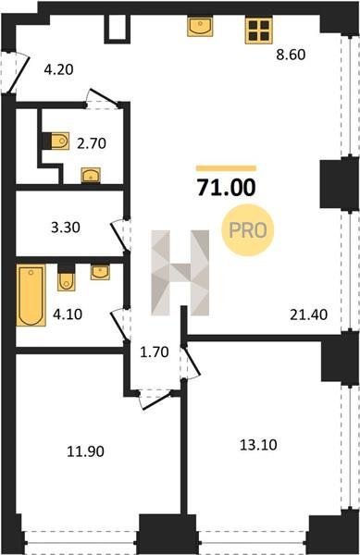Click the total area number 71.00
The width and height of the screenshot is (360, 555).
[x=226, y=187]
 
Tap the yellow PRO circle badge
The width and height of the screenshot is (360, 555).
[x=248, y=230]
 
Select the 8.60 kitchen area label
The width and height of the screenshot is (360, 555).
[x=291, y=55]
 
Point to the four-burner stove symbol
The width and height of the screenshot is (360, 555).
[x=259, y=31]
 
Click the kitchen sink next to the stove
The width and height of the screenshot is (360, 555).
[x=200, y=27]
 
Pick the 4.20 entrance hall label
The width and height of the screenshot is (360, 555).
[x=58, y=69]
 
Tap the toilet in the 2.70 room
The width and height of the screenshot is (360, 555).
[x=60, y=142]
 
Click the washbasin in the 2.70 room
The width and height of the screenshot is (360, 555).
[x=91, y=175]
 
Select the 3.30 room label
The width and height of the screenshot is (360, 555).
[x=66, y=228]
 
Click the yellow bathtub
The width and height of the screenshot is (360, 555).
[x=31, y=295]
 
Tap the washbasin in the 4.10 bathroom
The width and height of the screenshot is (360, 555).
[x=100, y=272]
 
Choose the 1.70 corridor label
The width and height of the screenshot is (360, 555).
[x=155, y=352]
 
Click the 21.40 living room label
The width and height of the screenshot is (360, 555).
[x=309, y=314]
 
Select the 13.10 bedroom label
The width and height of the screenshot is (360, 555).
[x=258, y=445]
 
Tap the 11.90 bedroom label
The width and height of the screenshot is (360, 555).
[x=86, y=451]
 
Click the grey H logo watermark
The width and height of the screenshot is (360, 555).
[x=180, y=273]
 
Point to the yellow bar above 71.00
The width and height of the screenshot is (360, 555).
[x=226, y=168]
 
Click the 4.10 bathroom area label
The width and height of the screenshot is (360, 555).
[x=68, y=314]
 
